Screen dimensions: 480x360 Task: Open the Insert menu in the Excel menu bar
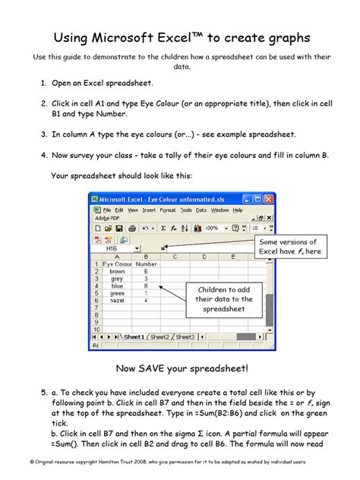(149, 210)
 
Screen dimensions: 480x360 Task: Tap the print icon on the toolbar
(132, 228)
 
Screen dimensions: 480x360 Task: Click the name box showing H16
(112, 248)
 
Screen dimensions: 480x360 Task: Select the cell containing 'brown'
(117, 271)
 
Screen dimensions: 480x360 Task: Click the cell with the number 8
(145, 286)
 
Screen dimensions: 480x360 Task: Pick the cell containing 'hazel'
(117, 301)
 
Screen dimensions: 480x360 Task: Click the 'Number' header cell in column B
(145, 264)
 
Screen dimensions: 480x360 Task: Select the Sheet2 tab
(159, 336)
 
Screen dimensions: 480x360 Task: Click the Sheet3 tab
(185, 336)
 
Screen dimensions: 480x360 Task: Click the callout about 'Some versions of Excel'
(292, 245)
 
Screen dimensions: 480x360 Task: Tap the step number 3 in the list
(43, 134)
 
